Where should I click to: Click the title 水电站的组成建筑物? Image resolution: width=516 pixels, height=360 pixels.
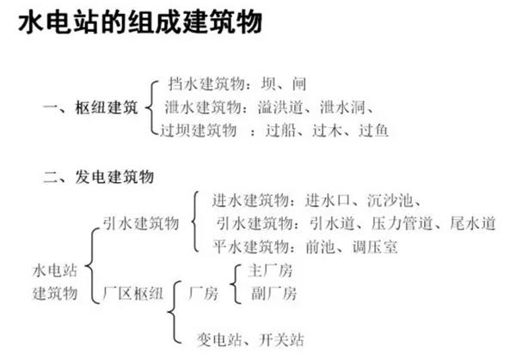pos(140,22)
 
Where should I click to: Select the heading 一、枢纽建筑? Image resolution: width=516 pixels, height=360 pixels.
pos(90,107)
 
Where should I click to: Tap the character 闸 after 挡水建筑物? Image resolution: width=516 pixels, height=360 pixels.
pos(299,84)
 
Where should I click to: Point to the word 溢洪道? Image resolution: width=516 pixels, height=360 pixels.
pos(280,107)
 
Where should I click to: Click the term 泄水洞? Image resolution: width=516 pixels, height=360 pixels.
pos(342,107)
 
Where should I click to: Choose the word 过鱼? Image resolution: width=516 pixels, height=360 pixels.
pos(373,131)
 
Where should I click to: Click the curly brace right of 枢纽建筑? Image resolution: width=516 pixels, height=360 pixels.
pos(151,107)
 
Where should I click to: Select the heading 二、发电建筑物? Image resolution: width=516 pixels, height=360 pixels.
pos(98,177)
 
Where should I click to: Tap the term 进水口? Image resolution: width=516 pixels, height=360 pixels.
pos(327,200)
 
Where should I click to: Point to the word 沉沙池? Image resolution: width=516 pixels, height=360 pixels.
pos(390,200)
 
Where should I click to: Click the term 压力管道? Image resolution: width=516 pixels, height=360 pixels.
pos(402,223)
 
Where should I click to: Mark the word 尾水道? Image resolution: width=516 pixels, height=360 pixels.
pos(472,223)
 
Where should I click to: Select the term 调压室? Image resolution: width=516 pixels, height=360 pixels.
pos(375,247)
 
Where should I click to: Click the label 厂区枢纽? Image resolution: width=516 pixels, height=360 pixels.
pos(133,293)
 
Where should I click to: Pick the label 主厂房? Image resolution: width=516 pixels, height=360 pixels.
pos(270,271)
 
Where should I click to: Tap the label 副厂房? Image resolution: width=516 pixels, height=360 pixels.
pos(273,293)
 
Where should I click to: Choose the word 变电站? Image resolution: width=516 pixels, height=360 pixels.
pos(218,339)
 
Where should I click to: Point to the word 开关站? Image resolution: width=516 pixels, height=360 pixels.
pos(281,339)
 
